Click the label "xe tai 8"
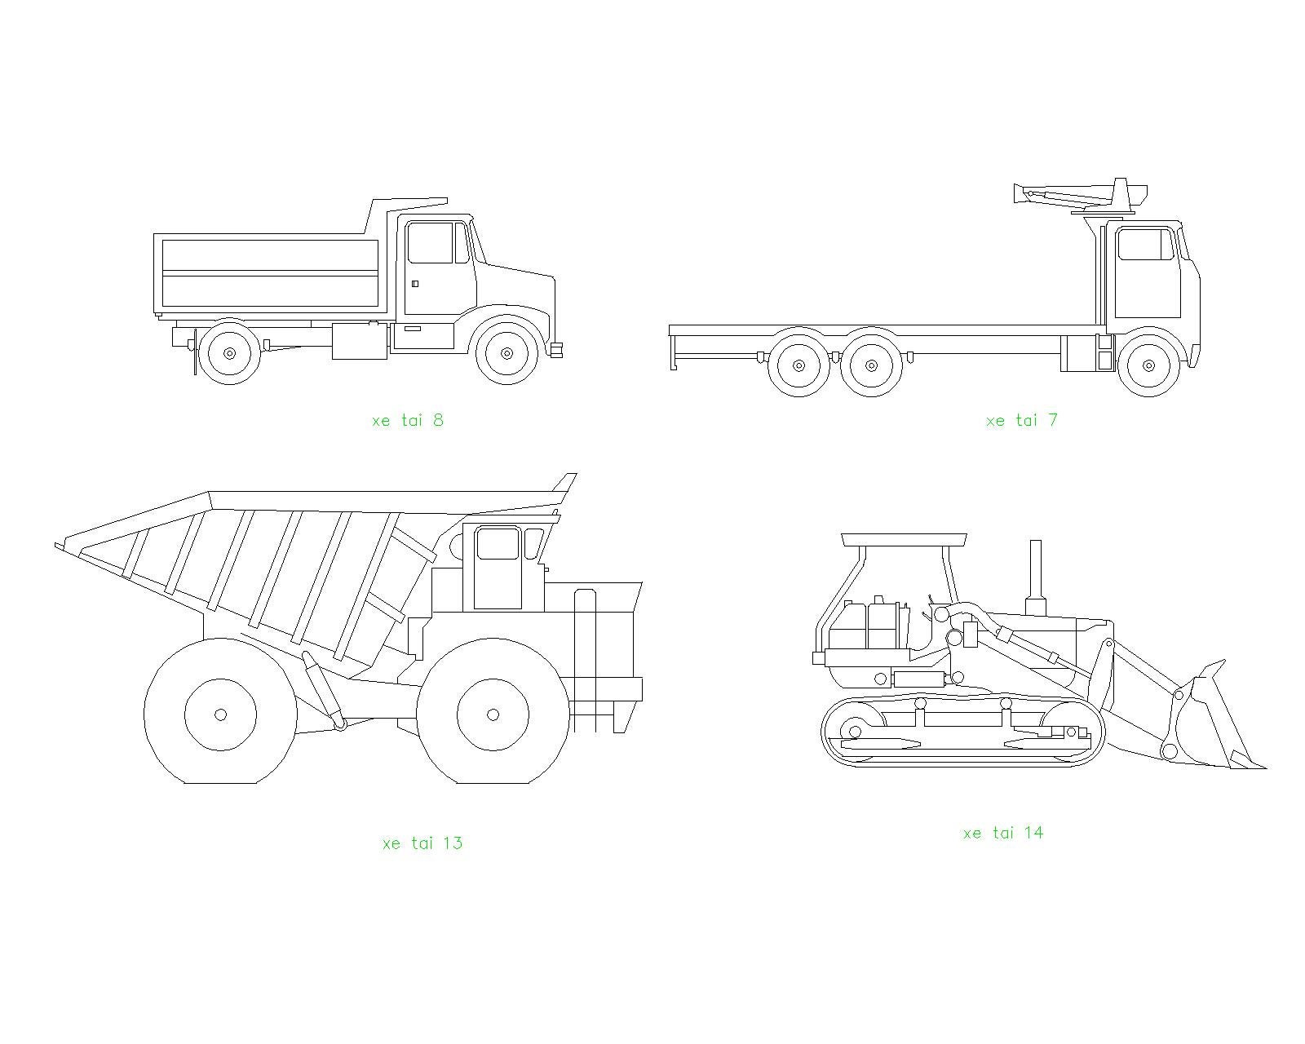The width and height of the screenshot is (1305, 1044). tap(408, 420)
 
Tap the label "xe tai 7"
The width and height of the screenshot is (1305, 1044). tap(1022, 420)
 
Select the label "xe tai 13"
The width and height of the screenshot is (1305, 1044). tap(422, 843)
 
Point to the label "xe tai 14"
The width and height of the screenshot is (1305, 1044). tap(1003, 833)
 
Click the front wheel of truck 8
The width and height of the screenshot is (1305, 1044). tap(507, 353)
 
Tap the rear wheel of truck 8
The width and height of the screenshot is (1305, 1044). tap(230, 353)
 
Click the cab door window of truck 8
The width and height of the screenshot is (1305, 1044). tap(430, 243)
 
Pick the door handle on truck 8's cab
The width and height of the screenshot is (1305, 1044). tap(415, 284)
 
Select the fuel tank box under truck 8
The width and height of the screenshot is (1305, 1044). tap(360, 341)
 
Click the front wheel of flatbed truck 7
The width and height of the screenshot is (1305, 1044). tap(1148, 365)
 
